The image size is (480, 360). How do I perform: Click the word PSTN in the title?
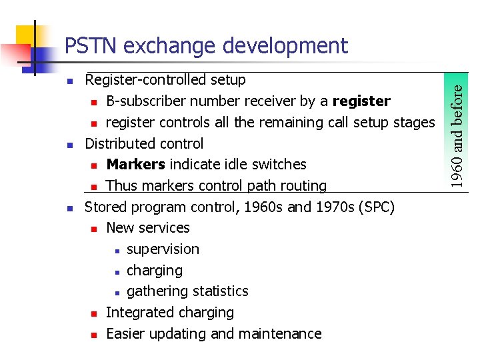91,46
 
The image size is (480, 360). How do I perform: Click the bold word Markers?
136,165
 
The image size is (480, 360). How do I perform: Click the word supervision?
163,249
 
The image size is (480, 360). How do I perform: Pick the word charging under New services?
154,271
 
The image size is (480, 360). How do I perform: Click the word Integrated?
137,313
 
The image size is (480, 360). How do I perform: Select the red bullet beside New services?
94,229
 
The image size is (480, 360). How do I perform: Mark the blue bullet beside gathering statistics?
116,292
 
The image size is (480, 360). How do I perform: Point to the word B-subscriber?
145,101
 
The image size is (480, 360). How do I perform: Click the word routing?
303,186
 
